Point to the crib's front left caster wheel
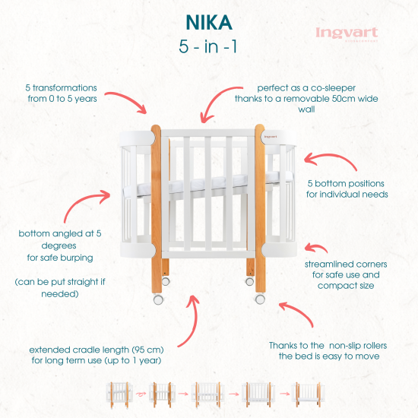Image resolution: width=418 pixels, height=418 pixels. coord(157,299)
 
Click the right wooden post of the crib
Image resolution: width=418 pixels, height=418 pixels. coord(259,205)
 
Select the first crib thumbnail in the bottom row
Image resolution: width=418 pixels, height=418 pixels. coord(119,394)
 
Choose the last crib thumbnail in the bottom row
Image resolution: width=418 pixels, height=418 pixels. coord(306,394)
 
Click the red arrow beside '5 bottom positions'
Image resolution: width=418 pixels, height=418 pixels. coord(318,157)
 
